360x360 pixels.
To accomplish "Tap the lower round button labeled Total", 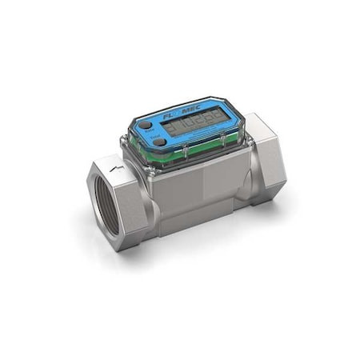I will (x=160, y=142).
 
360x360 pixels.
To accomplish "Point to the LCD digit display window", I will (x=197, y=129).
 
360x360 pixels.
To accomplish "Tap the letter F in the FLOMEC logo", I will (x=165, y=117).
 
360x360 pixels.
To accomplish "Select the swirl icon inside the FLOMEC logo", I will (x=182, y=115).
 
